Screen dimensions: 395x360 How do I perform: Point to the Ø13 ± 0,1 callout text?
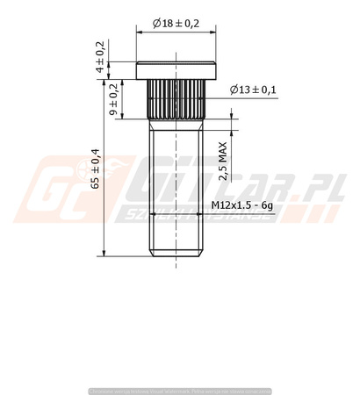point(253,90)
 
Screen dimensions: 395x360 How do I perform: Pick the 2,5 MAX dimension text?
point(225,161)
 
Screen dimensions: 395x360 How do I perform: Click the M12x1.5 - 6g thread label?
point(242,205)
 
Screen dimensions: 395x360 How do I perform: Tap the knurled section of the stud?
point(176,99)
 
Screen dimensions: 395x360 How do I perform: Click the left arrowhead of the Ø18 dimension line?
point(140,32)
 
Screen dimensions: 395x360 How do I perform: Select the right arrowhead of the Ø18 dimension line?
point(213,32)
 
